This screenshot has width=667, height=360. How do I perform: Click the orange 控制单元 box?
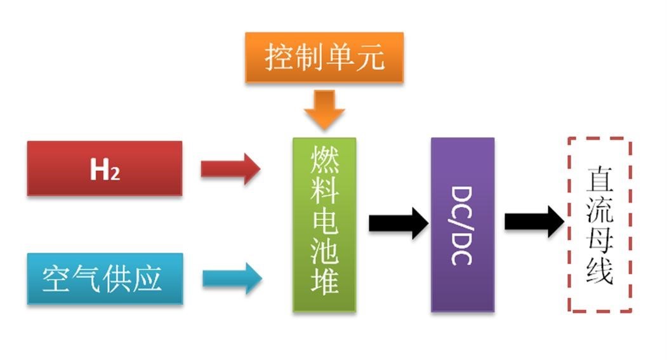coord(324,58)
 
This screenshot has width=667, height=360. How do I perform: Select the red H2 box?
coord(105,168)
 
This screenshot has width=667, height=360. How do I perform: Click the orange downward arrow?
coord(324,109)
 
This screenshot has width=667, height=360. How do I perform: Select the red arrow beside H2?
coord(230,168)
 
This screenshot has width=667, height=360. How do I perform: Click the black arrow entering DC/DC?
coord(398,223)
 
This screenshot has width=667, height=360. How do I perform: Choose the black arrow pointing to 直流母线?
coord(534,221)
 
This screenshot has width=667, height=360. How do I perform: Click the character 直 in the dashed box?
coord(599,180)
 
